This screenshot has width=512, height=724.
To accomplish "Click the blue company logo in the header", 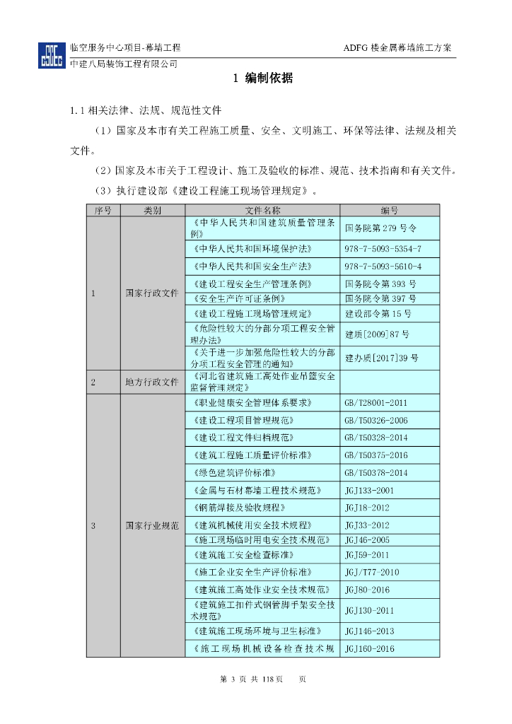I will pyautogui.click(x=52, y=55).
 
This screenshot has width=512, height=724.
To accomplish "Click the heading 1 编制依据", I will pyautogui.click(x=262, y=79).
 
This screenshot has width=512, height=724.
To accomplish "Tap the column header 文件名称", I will pyautogui.click(x=262, y=210).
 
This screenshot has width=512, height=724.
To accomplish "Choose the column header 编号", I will pyautogui.click(x=390, y=210).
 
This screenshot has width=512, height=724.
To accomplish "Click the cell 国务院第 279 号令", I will pyautogui.click(x=381, y=228).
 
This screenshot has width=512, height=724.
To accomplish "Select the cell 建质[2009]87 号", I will pyautogui.click(x=377, y=334).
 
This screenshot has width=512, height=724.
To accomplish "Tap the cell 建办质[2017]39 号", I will pyautogui.click(x=381, y=358).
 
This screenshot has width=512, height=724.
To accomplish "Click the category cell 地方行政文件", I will pyautogui.click(x=152, y=382).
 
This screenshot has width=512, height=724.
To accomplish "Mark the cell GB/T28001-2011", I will pyautogui.click(x=376, y=403).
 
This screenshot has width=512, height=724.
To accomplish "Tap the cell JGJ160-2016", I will pyautogui.click(x=369, y=648).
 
